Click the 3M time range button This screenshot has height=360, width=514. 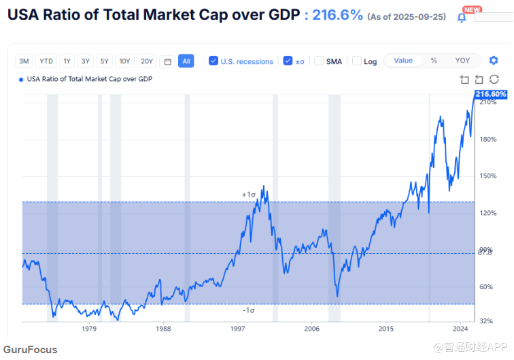click(24, 61)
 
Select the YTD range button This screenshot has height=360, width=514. click(46, 61)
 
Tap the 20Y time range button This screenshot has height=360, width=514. click(147, 61)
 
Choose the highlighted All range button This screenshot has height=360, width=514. click(186, 61)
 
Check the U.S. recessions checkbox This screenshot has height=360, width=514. click(213, 61)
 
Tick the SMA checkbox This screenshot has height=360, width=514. click(319, 61)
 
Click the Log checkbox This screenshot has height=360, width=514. click(357, 61)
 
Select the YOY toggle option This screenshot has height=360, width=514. click(462, 61)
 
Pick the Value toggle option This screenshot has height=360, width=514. click(403, 61)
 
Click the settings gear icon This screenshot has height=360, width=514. click(494, 61)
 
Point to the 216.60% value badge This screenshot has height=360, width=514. click(491, 95)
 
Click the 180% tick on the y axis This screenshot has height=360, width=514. click(487, 140)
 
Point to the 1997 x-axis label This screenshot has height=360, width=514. click(237, 328)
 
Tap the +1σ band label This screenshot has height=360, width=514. click(248, 195)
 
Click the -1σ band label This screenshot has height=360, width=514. click(248, 310)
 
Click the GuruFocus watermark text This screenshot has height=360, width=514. click(30, 350)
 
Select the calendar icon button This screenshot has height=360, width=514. click(167, 61)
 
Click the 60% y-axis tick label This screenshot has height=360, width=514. click(485, 287)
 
